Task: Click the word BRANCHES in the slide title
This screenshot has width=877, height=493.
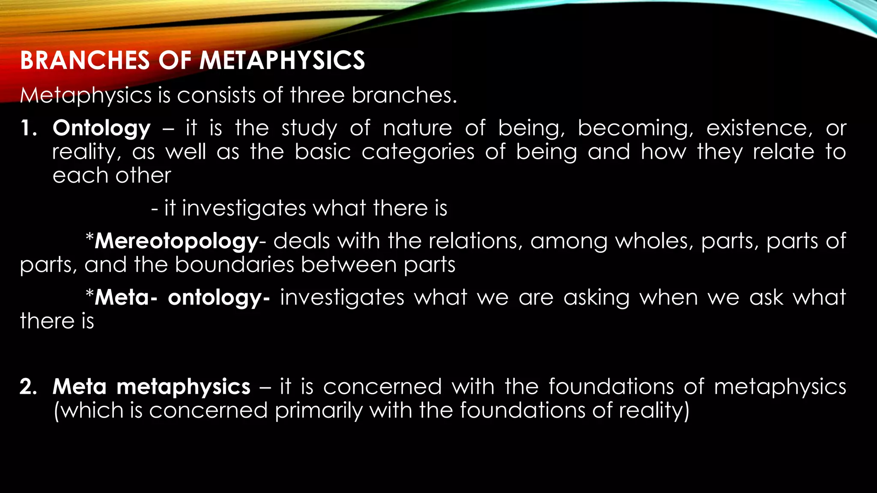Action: point(85,60)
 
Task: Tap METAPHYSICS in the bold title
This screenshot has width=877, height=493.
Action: point(282,60)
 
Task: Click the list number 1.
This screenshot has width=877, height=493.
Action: point(28,128)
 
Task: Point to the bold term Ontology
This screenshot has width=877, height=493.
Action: point(101,128)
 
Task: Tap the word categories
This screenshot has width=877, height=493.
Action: point(418,152)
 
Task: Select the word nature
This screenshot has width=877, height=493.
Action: point(418,128)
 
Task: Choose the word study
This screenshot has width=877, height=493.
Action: point(309,128)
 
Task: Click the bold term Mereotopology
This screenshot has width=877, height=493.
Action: point(176,241)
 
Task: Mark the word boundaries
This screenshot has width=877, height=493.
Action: point(234,265)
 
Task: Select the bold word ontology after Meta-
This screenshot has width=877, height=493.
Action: point(214,298)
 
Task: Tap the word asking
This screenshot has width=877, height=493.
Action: point(597,298)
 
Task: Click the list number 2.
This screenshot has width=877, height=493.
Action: point(28,387)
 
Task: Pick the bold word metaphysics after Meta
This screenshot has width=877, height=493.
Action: point(183,387)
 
